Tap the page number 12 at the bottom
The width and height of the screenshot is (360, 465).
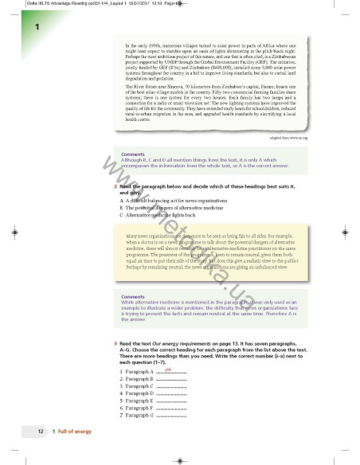click(41, 431)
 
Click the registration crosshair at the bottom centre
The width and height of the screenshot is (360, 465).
click(179, 456)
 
